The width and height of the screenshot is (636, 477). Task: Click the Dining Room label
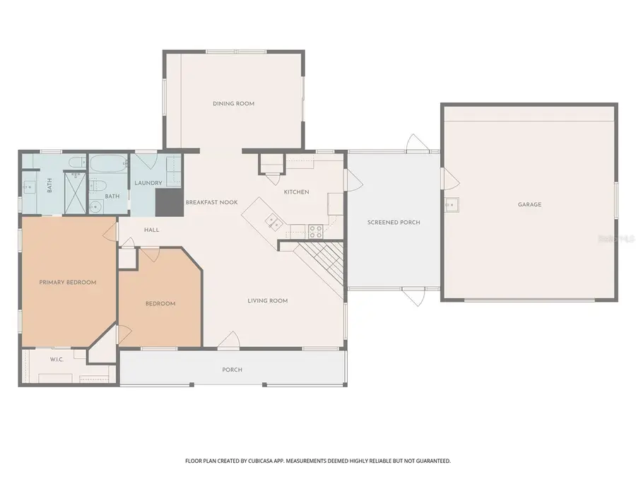(234, 103)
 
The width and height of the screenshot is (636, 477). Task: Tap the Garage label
(529, 204)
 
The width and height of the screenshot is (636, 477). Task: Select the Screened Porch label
(394, 223)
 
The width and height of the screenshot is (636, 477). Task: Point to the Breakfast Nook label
(211, 202)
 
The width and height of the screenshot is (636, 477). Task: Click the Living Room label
(267, 300)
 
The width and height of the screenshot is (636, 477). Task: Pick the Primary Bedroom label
(68, 282)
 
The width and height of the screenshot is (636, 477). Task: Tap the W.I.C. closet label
(57, 360)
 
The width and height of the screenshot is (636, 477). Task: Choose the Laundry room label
(148, 183)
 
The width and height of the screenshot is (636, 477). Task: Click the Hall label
(152, 230)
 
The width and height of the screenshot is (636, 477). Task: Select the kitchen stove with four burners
(316, 232)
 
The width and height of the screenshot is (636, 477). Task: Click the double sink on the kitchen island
(273, 222)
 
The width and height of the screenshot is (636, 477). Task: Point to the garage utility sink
(452, 205)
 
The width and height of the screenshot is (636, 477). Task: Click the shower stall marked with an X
(76, 193)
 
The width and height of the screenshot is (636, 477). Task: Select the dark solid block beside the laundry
(170, 202)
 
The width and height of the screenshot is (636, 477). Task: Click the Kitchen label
(296, 192)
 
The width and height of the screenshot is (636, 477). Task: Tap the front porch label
(232, 370)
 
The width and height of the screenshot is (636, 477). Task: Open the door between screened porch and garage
(450, 179)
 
